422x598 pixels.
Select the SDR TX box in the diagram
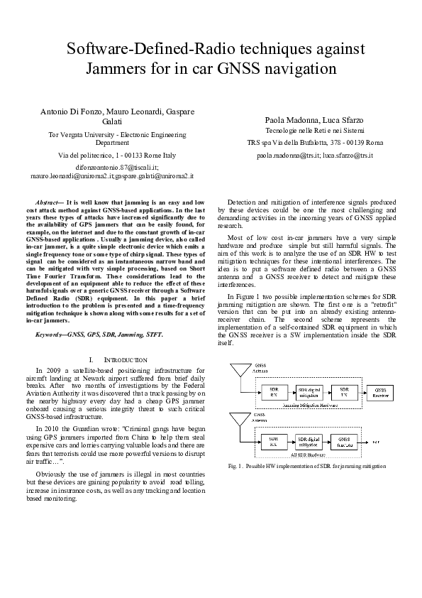pos(344,391)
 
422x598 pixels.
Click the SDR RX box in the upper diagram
pos(274,391)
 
